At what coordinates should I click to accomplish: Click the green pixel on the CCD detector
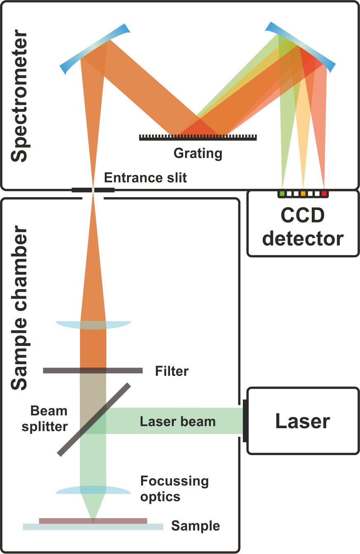[x=282, y=193]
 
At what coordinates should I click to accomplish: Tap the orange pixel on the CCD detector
[x=303, y=193]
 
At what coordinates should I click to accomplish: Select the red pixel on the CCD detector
[x=324, y=193]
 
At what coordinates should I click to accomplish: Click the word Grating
[x=198, y=153]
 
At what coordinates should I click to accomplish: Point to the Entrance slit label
[x=146, y=178]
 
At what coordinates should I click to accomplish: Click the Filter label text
[x=172, y=371]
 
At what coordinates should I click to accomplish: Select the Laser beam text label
[x=178, y=422]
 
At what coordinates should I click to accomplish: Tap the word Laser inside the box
[x=303, y=422]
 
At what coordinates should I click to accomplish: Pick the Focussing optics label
[x=174, y=489]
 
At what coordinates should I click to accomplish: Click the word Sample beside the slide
[x=195, y=526]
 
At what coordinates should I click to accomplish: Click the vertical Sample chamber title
[x=19, y=307]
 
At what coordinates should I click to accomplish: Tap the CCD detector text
[x=303, y=226]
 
